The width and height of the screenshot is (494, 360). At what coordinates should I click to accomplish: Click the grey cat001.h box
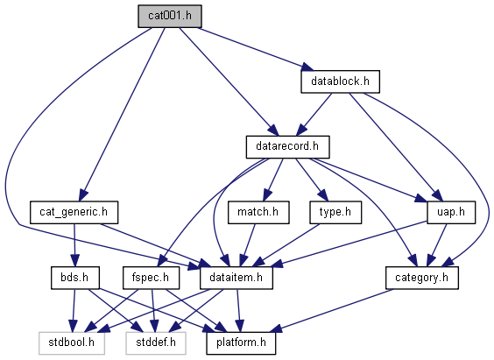[x=170, y=16]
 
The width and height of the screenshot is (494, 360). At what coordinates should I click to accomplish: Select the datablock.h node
[x=340, y=81]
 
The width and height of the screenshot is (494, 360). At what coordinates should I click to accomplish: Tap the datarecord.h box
[x=287, y=147]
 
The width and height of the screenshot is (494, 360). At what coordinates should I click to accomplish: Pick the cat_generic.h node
[x=74, y=212]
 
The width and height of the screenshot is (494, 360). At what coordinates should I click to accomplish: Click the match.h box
[x=258, y=212]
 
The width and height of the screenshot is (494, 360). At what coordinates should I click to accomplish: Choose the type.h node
[x=335, y=212]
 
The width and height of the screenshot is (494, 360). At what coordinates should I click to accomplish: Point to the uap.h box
[x=451, y=212]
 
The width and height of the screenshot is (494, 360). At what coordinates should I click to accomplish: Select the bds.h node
[x=75, y=278]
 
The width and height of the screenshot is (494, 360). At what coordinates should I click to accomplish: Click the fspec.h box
[x=151, y=278]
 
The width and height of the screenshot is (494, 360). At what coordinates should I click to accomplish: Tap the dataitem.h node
[x=236, y=278]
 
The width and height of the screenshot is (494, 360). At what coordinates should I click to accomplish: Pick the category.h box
[x=422, y=278]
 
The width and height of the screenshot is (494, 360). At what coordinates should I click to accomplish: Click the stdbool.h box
[x=72, y=343]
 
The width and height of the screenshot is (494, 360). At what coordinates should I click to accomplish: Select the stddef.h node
[x=156, y=343]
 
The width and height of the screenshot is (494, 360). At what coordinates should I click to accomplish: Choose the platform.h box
[x=241, y=343]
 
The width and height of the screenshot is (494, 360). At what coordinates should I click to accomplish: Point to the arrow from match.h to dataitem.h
[x=247, y=245]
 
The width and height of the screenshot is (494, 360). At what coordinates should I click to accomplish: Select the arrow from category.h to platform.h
[x=331, y=311]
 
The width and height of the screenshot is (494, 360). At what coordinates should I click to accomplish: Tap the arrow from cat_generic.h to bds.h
[x=74, y=245]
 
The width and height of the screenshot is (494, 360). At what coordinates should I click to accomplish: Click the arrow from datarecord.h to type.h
[x=312, y=180]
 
